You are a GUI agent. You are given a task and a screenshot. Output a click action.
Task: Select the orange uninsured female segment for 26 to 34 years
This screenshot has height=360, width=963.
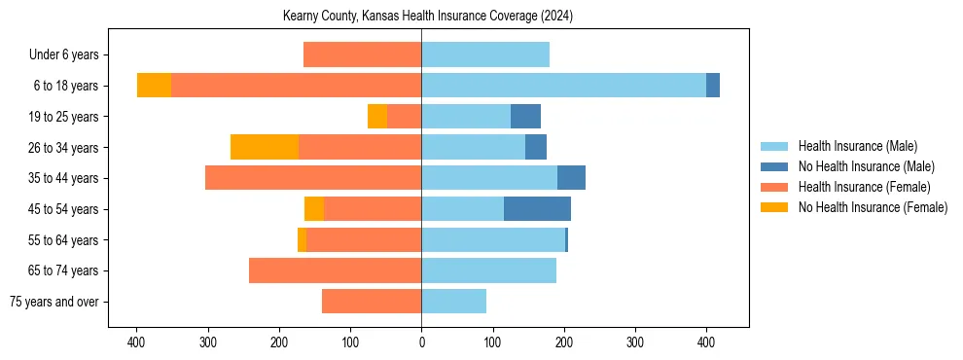265,147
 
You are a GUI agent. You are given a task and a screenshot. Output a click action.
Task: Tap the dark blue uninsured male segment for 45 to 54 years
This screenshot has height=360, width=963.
537,208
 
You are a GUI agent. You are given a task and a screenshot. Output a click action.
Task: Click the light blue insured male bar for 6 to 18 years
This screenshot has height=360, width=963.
563,86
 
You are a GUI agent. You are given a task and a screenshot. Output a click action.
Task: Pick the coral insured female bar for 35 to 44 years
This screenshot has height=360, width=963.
313,178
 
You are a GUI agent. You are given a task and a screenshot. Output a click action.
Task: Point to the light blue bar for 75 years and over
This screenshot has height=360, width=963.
453,302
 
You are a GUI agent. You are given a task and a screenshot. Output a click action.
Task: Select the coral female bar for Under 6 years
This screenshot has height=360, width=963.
362,54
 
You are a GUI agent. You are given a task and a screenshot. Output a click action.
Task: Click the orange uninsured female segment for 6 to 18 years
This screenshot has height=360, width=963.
154,86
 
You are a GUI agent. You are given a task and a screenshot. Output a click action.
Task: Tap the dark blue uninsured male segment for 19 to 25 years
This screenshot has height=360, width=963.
525,117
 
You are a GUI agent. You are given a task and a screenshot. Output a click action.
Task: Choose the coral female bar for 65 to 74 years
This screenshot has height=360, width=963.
335,270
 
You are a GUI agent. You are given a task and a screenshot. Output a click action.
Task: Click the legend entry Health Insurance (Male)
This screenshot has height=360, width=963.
857,146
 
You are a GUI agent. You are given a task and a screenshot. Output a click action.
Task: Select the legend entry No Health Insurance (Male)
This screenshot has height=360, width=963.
866,166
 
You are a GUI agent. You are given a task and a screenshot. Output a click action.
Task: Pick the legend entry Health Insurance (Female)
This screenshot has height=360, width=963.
864,187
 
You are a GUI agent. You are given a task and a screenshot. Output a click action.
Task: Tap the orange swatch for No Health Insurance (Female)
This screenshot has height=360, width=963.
774,207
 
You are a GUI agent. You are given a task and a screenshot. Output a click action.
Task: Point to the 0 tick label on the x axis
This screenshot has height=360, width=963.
421,342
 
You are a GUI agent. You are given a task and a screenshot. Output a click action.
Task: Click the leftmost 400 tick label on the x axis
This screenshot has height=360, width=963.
136,342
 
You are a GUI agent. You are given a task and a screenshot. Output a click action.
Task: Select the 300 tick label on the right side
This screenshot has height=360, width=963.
635,342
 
